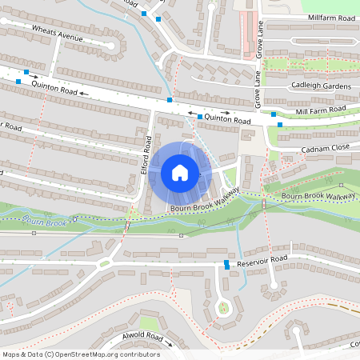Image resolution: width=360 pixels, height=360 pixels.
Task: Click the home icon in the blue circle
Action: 180,173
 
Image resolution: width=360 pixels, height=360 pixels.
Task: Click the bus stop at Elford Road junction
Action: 170,99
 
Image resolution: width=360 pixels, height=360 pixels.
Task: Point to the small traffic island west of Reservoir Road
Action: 103,263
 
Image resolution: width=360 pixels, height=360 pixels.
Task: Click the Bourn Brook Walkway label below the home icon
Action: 205,208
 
